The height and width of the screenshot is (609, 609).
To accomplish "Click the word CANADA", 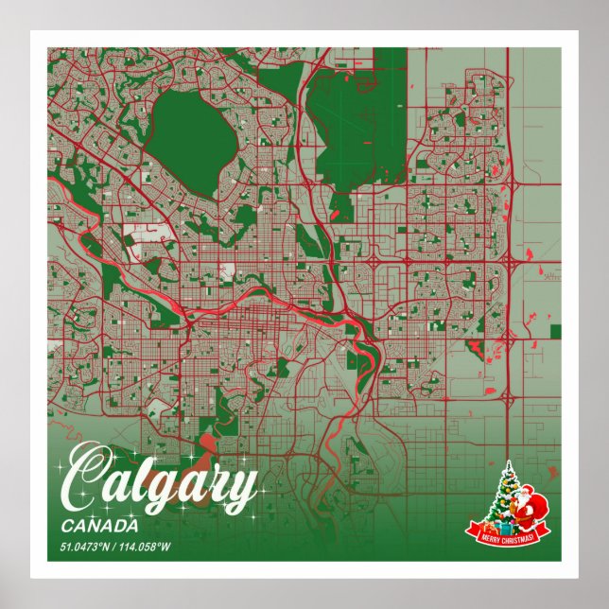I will pos(99,526).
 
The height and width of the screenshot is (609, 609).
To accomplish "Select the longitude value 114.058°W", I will pos(143,548).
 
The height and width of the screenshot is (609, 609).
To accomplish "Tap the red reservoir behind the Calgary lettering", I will pos(206,444).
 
